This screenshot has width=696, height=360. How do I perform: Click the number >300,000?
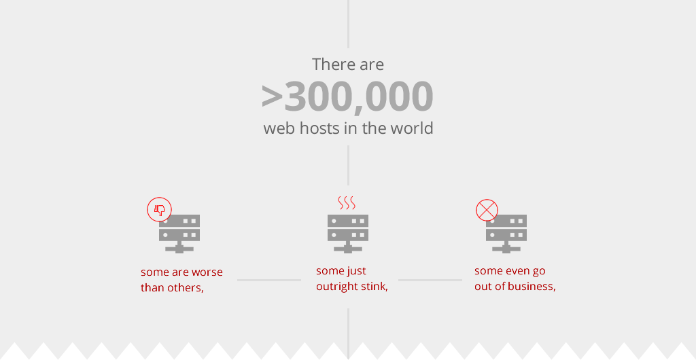(347, 96)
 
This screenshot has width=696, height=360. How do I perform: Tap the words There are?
(348, 65)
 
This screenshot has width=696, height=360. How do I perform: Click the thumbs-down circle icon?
(159, 209)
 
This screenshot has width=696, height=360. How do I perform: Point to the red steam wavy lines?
(347, 202)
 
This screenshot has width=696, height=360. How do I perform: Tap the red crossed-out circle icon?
(487, 210)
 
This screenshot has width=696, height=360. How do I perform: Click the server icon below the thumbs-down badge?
(179, 234)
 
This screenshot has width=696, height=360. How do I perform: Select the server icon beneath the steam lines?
(348, 234)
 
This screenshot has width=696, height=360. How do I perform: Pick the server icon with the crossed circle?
(506, 234)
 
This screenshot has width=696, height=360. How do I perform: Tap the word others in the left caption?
(186, 288)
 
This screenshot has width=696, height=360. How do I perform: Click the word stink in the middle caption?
(375, 287)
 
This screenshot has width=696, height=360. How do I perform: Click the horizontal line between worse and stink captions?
(269, 281)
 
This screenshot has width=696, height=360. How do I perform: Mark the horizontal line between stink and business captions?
(430, 281)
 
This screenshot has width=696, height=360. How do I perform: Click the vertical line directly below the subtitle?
(348, 165)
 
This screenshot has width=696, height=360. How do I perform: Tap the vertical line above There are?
(348, 24)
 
